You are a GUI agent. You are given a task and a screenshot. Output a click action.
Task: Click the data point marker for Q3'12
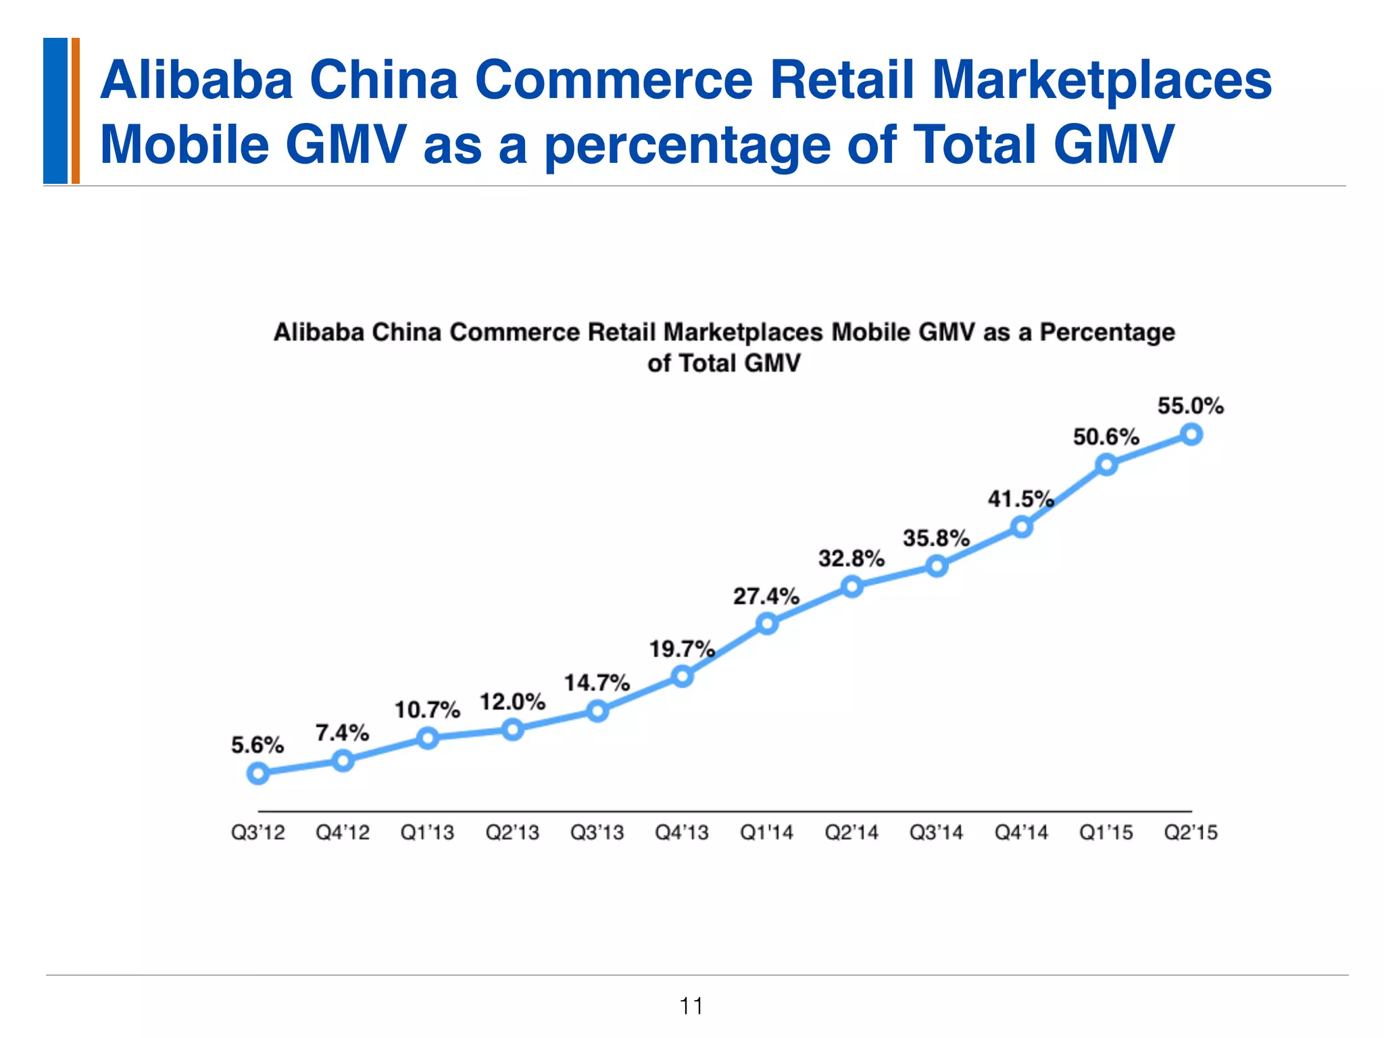[x=258, y=773]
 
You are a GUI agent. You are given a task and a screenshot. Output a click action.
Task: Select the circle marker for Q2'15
[x=1191, y=434]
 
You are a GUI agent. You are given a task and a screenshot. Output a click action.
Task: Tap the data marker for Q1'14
[x=767, y=623]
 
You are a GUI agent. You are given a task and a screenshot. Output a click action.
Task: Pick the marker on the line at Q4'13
[x=683, y=676]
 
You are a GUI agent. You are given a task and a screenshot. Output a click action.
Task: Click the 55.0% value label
[x=1190, y=406]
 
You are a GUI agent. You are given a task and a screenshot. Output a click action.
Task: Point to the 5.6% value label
[x=257, y=745]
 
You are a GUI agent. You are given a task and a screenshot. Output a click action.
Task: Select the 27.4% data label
[x=766, y=596]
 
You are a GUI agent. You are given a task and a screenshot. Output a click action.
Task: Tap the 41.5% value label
[x=1020, y=499]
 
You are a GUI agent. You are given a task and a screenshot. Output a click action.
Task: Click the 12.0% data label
[x=512, y=702]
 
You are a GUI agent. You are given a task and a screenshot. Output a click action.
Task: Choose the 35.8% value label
[x=936, y=539]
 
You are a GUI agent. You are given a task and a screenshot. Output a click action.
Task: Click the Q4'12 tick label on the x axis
[x=343, y=833]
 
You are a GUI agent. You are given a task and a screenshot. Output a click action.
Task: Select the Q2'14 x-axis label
[x=851, y=833]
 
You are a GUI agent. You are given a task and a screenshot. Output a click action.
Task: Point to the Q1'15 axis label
[x=1106, y=833]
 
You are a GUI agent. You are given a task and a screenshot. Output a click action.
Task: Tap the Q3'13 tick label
[x=597, y=833]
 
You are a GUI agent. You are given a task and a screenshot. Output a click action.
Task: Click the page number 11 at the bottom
[x=691, y=1006]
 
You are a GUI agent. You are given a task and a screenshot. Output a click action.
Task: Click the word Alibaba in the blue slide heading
[x=196, y=80]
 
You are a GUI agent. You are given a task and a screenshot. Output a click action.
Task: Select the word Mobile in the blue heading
[x=184, y=144]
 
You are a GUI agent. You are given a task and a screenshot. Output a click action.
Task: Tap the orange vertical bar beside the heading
[x=76, y=111]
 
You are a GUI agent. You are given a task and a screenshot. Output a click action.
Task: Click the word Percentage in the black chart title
[x=1107, y=332]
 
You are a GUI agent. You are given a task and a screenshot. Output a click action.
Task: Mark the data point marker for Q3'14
[x=937, y=566]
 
